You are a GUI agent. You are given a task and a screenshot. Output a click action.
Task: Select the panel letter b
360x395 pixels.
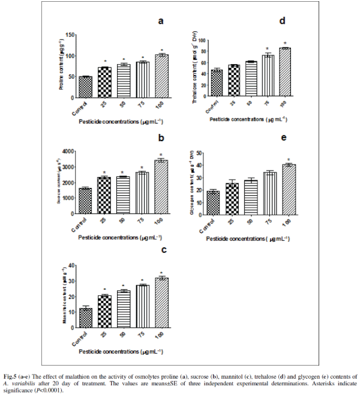pos(161,137)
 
